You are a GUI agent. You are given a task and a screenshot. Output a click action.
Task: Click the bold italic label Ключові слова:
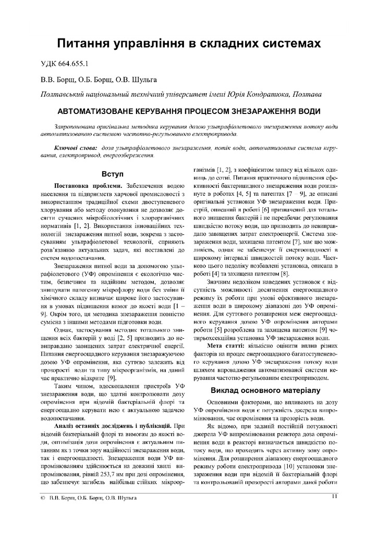point(76,148)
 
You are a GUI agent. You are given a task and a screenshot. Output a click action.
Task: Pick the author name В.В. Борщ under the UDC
point(58,80)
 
